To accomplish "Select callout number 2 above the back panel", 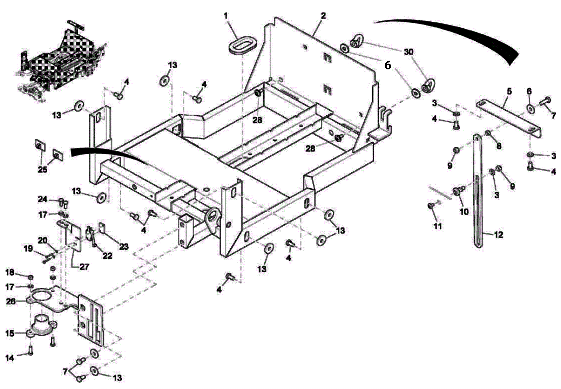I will point(323,16).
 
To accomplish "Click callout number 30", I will point(408,52).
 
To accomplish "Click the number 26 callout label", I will point(11,301).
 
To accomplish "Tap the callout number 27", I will point(84,267).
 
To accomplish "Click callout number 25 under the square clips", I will point(42,170).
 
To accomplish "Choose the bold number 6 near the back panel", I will point(387,65).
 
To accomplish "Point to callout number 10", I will point(464,212).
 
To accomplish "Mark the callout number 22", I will point(107,255).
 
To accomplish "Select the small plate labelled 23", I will point(102,228).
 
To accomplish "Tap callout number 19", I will point(28,248).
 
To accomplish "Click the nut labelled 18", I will point(31,278).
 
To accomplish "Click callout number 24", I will point(42,199).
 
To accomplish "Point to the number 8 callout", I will point(499,146).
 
